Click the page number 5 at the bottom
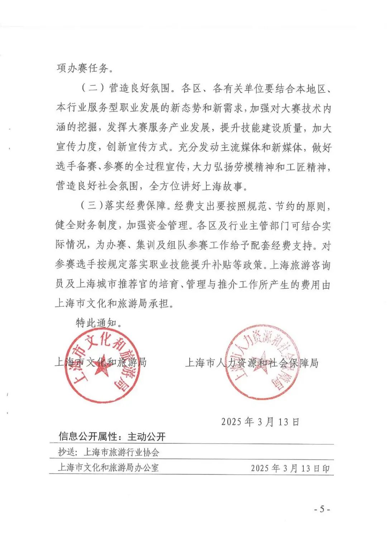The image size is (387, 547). (x=322, y=509)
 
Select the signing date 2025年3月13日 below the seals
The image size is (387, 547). (x=260, y=422)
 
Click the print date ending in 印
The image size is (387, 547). (x=290, y=468)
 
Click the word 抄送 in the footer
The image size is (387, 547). (x=67, y=452)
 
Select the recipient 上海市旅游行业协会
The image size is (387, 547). (x=121, y=452)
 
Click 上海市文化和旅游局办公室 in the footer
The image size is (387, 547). (x=108, y=468)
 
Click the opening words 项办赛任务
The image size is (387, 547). (x=83, y=68)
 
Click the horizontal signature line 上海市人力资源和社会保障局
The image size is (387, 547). (x=252, y=363)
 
